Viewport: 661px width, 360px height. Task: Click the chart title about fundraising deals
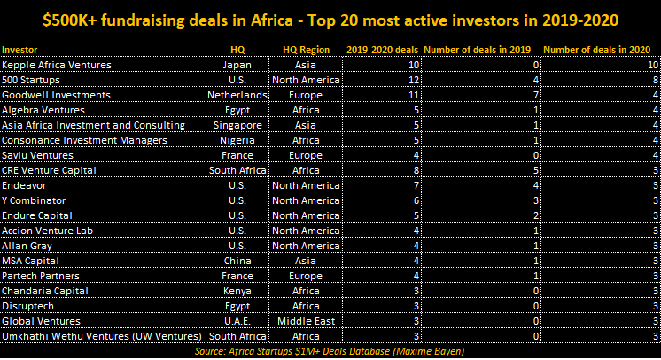(330, 19)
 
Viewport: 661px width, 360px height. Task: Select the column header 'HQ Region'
(306, 50)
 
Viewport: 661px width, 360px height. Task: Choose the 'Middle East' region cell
(306, 321)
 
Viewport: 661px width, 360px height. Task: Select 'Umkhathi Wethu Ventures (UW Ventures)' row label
(101, 336)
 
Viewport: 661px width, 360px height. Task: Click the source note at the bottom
(330, 351)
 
